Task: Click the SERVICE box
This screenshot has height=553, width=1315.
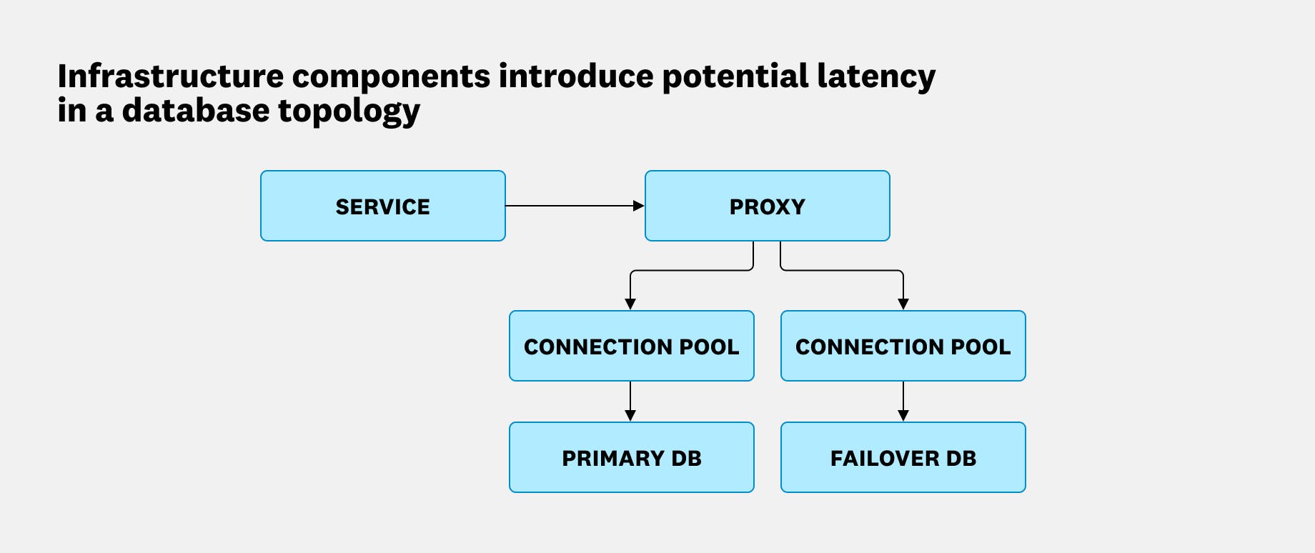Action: (382, 206)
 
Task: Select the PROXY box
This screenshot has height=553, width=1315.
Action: (767, 206)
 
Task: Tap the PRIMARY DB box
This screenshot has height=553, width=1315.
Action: (631, 457)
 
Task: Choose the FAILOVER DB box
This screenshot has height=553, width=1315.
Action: (903, 457)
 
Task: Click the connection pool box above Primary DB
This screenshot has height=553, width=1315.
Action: (631, 346)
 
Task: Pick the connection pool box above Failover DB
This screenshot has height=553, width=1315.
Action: (903, 346)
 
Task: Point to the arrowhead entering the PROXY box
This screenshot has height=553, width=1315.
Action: (639, 206)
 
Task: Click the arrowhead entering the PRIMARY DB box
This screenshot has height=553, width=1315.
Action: (630, 416)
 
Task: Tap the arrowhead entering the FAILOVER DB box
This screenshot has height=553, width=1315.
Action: (903, 416)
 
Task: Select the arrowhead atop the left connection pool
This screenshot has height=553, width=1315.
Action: (630, 304)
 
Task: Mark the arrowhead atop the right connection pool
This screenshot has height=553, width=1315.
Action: (903, 304)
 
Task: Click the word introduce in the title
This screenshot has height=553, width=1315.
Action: (576, 76)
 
